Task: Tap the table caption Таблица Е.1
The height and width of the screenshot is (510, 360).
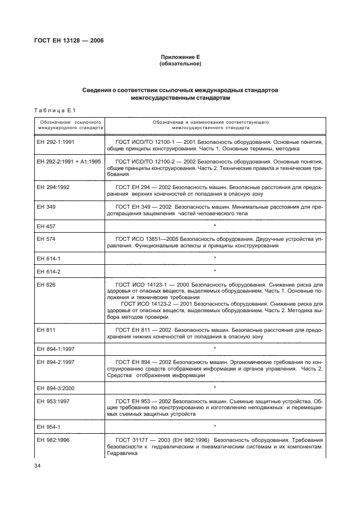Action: pyautogui.click(x=53, y=110)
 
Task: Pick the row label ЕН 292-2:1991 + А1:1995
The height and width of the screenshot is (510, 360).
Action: pyautogui.click(x=67, y=162)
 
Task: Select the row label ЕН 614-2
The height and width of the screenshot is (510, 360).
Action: pyautogui.click(x=48, y=271)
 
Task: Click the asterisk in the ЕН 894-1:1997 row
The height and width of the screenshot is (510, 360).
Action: pyautogui.click(x=215, y=348)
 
